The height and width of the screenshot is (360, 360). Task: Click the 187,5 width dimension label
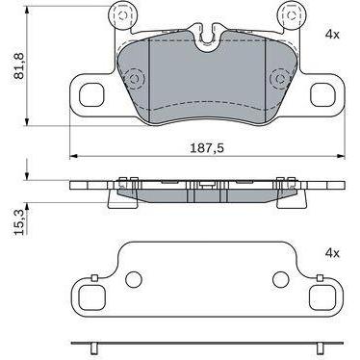point(207,148)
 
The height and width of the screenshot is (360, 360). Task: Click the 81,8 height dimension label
point(19,65)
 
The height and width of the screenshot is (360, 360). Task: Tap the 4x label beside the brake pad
point(332,35)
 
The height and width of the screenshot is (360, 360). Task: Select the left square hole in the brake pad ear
point(91,95)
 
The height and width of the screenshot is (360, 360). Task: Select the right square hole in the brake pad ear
point(322,95)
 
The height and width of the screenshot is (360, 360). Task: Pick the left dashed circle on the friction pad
point(135,79)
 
